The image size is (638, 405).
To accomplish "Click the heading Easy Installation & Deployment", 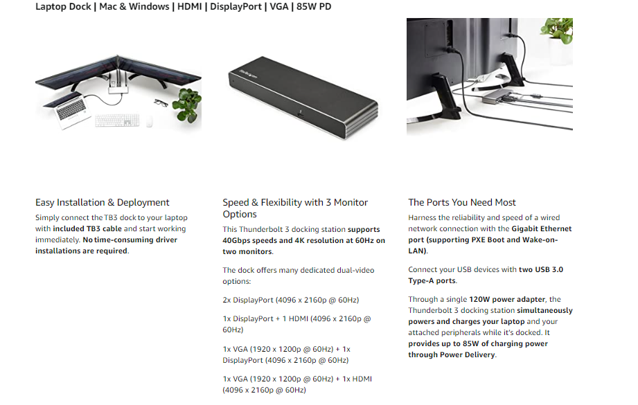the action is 102,202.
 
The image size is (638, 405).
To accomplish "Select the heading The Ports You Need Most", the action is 462,202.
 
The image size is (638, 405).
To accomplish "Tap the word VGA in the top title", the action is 278,6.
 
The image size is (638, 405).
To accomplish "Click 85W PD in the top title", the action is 314,6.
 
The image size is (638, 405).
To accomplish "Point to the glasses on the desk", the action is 161,102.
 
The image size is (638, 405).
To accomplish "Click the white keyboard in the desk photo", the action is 117,120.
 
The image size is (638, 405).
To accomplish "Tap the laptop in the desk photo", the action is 67,109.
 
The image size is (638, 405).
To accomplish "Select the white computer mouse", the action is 150,122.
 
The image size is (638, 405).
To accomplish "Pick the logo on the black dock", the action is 248,74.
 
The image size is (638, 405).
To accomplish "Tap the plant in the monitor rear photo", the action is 557,31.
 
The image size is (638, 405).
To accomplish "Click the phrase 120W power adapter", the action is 507,299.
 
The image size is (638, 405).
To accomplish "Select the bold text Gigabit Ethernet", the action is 542,228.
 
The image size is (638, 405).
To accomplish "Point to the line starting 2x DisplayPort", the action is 291,300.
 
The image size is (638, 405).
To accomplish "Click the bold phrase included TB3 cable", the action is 87,228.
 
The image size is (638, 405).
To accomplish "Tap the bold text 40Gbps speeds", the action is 249,240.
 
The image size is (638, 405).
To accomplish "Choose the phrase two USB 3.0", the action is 541,269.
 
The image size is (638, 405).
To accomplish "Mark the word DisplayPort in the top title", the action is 236,6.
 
